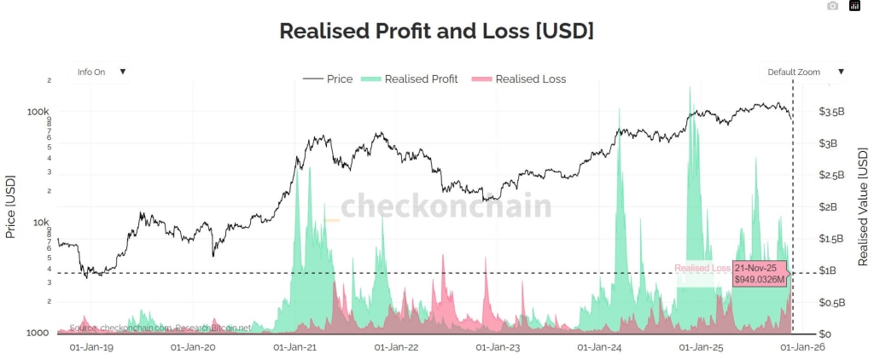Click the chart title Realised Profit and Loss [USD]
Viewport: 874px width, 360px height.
[x=436, y=31]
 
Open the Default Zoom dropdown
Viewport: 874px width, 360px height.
[x=806, y=72]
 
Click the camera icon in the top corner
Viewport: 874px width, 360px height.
[x=833, y=6]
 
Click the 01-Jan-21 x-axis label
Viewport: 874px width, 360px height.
[x=294, y=348]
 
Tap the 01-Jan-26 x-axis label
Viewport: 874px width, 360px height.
[x=802, y=348]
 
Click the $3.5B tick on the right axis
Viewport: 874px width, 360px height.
[x=831, y=111]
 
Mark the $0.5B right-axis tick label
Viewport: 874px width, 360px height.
[x=831, y=302]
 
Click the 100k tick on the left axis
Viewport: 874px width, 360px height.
[x=39, y=111]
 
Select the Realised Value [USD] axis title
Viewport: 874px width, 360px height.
[x=862, y=206]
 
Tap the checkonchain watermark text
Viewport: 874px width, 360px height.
[x=446, y=207]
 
